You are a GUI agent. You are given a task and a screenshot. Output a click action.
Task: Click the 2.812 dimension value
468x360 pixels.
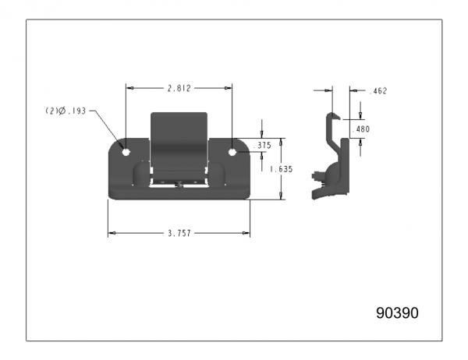pyautogui.click(x=179, y=88)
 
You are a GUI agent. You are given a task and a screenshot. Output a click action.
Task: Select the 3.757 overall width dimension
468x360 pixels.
pyautogui.click(x=179, y=233)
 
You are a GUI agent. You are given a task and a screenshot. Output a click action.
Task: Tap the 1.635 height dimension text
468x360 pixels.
pyautogui.click(x=282, y=169)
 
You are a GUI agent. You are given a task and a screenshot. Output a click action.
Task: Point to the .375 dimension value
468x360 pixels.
pyautogui.click(x=262, y=145)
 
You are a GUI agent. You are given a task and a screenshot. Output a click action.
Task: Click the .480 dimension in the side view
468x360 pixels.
pyautogui.click(x=360, y=129)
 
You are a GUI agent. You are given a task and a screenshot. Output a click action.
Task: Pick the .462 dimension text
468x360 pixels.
pyautogui.click(x=378, y=91)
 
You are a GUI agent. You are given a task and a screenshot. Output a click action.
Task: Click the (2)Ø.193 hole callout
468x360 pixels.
pyautogui.click(x=66, y=111)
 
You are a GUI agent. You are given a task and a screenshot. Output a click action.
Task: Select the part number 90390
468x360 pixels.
pyautogui.click(x=397, y=313)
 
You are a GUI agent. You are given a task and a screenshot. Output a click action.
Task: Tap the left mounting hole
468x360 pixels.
pyautogui.click(x=126, y=152)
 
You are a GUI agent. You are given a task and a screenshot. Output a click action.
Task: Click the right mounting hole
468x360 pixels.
pyautogui.click(x=232, y=152)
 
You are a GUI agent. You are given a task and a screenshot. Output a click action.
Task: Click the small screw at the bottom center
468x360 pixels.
pyautogui.click(x=179, y=185)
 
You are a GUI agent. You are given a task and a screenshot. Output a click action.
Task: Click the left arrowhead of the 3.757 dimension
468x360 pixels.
pyautogui.click(x=112, y=233)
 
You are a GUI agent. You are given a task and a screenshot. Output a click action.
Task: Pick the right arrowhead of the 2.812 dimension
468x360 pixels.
pyautogui.click(x=228, y=88)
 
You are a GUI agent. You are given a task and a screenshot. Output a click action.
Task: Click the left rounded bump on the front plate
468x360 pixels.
pyautogui.click(x=140, y=173)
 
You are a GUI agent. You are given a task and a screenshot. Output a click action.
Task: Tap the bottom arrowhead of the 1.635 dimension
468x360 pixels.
pyautogui.click(x=281, y=196)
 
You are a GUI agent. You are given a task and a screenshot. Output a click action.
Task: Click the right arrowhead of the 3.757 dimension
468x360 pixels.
pyautogui.click(x=246, y=233)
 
